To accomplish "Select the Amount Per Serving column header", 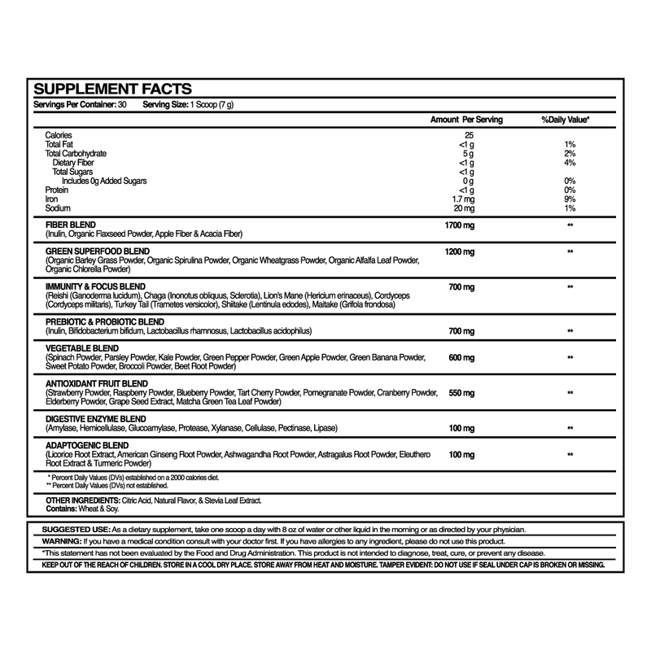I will coord(466,120).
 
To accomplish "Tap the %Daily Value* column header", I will coord(566,120).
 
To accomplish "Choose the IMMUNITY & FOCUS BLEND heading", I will coord(96,288).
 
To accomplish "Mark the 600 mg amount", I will coord(461,357).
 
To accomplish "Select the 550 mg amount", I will coord(461,393).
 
